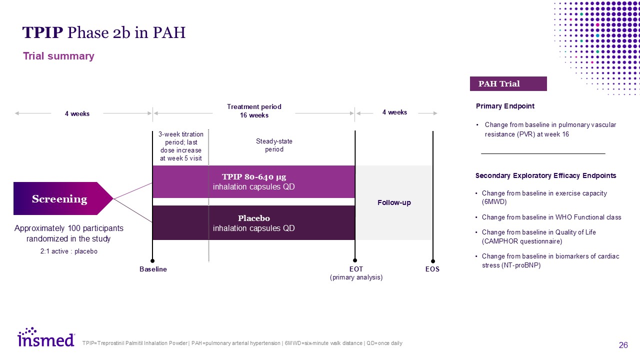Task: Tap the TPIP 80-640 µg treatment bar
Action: (253, 181)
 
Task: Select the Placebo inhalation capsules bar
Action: (253, 223)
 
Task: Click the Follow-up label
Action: (394, 202)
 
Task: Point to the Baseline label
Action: (153, 269)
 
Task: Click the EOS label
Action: (432, 269)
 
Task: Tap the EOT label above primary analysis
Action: (356, 269)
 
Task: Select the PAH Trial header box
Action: (508, 83)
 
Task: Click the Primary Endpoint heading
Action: (505, 106)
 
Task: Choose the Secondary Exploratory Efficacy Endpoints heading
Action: (545, 175)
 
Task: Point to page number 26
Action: (623, 345)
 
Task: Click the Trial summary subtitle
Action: (58, 56)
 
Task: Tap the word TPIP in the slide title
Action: (42, 33)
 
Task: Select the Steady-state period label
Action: (274, 145)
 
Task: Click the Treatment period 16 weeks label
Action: (254, 111)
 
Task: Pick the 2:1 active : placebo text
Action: (69, 251)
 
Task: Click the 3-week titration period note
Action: (180, 146)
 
